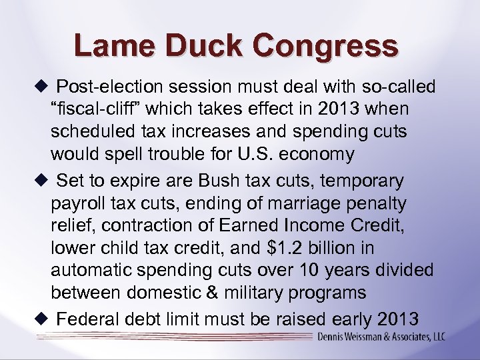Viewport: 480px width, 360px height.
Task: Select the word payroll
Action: pyautogui.click(x=75, y=202)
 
